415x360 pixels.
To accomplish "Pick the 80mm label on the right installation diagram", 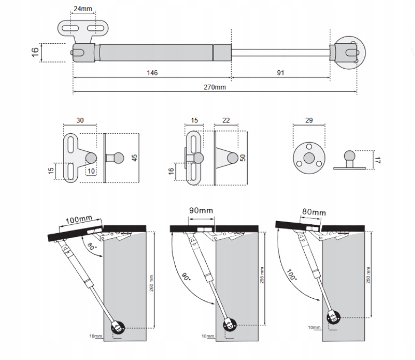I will pos(314,212).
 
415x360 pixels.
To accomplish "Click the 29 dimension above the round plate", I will pos(309,121).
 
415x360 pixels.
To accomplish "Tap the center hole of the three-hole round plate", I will pos(309,158).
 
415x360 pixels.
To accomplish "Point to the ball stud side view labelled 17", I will pos(349,160).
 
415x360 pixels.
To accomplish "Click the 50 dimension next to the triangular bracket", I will pos(243,159).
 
